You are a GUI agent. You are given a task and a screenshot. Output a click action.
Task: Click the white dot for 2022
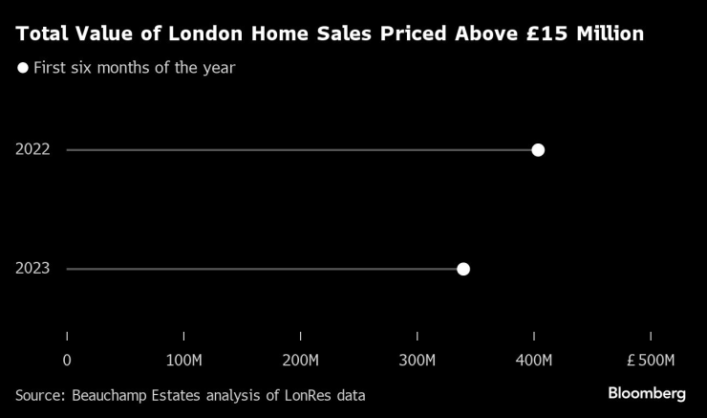tap(538, 150)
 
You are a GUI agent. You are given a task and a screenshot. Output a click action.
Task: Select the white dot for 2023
tap(463, 269)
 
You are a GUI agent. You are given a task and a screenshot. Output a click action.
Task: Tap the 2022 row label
tap(32, 150)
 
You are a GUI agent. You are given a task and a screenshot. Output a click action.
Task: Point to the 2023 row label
tap(32, 269)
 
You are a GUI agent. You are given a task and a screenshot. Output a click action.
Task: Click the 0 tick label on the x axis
tap(67, 361)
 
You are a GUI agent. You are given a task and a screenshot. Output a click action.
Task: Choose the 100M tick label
tap(183, 361)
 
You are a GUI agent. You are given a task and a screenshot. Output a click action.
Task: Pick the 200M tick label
tap(301, 361)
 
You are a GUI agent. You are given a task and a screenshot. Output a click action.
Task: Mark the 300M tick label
tap(418, 361)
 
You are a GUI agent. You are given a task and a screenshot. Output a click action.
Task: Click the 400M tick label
tap(534, 361)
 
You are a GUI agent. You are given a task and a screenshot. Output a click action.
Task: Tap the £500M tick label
tap(651, 361)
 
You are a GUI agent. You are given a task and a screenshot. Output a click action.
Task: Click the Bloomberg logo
tap(647, 393)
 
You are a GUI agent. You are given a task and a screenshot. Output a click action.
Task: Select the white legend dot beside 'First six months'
tap(23, 68)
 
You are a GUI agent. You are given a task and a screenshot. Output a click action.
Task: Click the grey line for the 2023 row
tap(258, 269)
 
